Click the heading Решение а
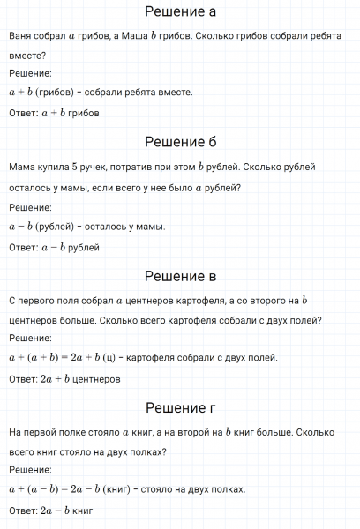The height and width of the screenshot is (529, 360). click(179, 12)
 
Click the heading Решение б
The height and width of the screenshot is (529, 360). click(179, 142)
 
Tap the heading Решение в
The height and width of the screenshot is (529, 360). click(179, 276)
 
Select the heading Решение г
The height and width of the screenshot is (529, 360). click(179, 408)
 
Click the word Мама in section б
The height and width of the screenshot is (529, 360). click(20, 167)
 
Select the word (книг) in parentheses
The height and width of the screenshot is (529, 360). click(119, 489)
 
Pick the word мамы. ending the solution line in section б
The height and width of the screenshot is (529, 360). click(149, 227)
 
